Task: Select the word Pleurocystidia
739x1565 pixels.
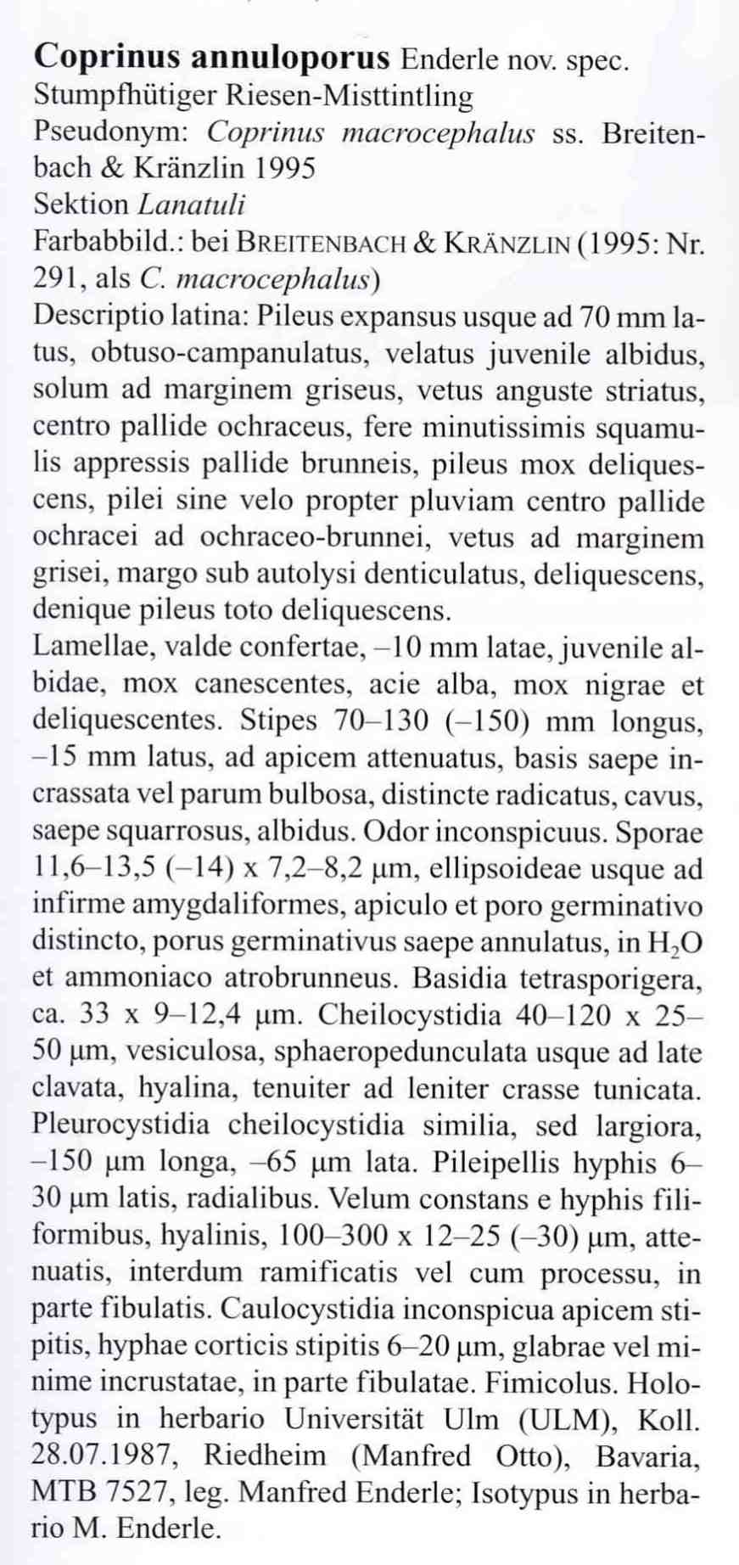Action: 120,1125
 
